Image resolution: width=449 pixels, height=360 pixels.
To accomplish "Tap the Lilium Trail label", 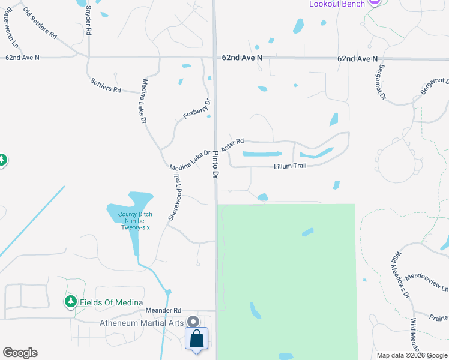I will click(291, 166).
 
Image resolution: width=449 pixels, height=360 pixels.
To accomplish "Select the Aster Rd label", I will click(232, 145).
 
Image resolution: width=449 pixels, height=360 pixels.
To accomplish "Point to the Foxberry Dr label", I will click(197, 108).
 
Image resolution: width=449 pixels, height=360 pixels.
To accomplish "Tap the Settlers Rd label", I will click(106, 85).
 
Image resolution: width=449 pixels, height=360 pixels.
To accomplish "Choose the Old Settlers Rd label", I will click(40, 24).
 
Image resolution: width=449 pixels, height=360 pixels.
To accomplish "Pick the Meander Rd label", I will click(163, 310).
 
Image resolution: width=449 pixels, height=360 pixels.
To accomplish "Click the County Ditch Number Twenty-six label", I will click(135, 220).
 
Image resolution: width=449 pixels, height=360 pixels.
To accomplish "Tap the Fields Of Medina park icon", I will click(71, 301).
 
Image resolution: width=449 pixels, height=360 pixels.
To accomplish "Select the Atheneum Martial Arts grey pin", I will click(193, 322).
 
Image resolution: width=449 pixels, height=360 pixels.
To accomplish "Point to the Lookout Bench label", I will click(337, 4).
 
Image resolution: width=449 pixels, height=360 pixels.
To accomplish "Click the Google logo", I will click(20, 353).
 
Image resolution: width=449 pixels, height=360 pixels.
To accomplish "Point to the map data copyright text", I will click(411, 355).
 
